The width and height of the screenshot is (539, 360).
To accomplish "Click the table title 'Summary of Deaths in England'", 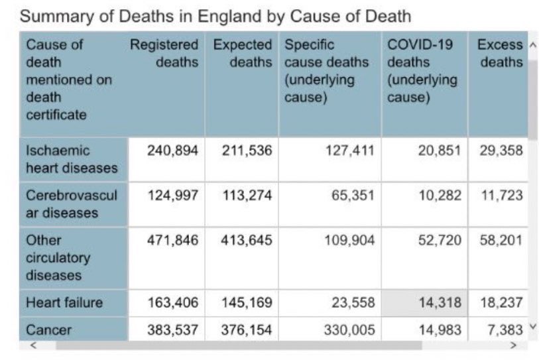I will [x=215, y=16].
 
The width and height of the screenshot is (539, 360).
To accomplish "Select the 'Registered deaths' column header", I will [x=164, y=54].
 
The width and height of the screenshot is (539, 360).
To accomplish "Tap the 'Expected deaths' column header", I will [x=243, y=54].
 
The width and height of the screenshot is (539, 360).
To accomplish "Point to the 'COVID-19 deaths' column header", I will [x=423, y=71].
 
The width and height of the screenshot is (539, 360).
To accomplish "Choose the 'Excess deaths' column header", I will [x=501, y=54].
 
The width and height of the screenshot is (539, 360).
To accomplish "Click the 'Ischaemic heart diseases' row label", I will [x=72, y=159].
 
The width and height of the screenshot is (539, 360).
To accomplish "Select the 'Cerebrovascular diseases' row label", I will [x=72, y=204].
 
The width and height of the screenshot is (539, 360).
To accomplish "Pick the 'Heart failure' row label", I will [x=64, y=303].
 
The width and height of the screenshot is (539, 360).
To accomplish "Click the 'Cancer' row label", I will [x=48, y=330].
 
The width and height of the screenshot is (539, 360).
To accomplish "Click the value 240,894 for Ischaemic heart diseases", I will [x=172, y=150].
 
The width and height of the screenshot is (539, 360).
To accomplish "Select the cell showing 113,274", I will [x=246, y=196].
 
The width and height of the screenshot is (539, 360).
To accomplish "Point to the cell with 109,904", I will [x=349, y=240].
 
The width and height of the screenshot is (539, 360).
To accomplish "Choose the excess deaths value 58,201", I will [x=501, y=240].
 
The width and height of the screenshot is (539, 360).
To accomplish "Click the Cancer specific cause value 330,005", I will [x=349, y=330].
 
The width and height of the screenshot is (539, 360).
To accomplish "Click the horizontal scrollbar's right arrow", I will [x=512, y=345].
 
